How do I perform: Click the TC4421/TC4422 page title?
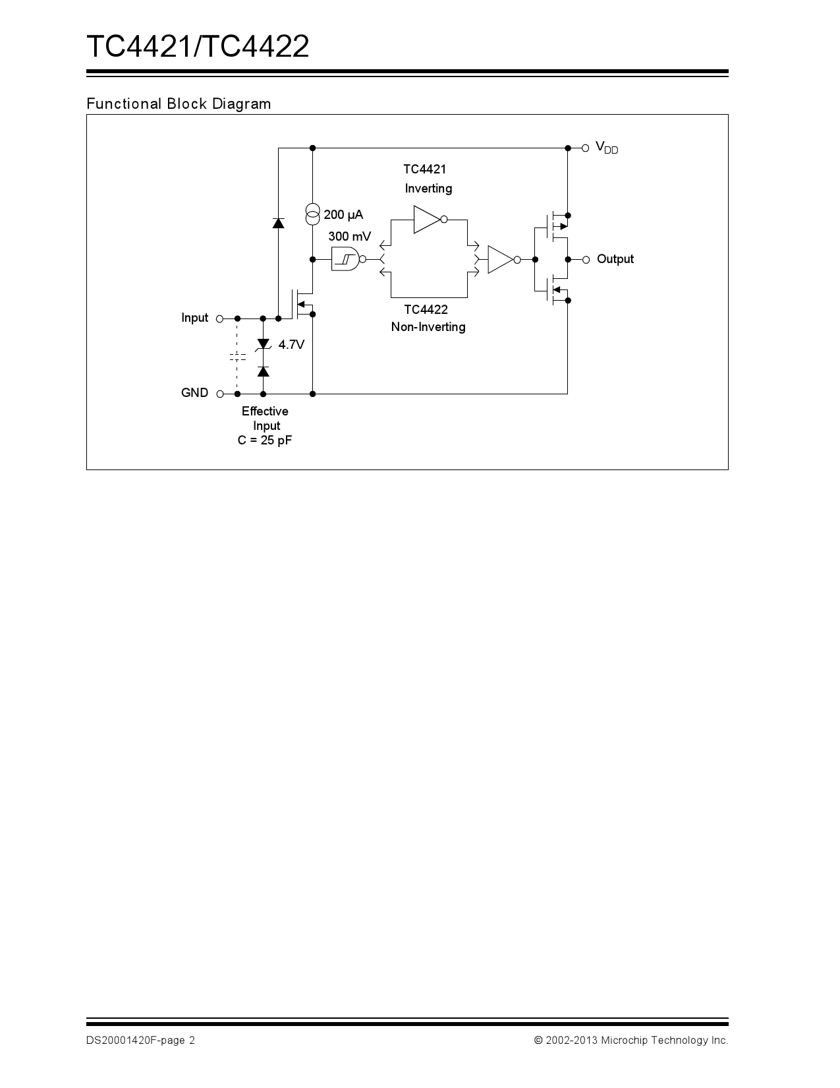click(x=198, y=47)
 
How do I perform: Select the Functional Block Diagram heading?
click(x=179, y=104)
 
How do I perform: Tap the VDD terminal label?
click(x=606, y=148)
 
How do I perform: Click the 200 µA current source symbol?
click(x=313, y=214)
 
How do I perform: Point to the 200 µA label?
click(x=343, y=215)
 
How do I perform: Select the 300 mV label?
click(x=349, y=236)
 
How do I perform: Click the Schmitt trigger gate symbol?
click(x=346, y=259)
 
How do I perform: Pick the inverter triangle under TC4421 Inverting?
click(x=427, y=220)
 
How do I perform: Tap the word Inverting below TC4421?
click(x=428, y=189)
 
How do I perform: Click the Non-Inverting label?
click(x=428, y=327)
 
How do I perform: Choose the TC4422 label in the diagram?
click(x=426, y=310)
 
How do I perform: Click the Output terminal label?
click(x=615, y=259)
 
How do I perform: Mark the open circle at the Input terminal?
click(x=219, y=318)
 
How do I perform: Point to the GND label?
click(x=194, y=393)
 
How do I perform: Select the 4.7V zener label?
click(x=291, y=344)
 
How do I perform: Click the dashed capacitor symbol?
click(x=237, y=357)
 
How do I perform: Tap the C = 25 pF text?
click(x=264, y=440)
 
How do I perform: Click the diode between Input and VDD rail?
click(x=279, y=223)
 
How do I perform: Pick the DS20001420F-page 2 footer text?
click(x=140, y=1041)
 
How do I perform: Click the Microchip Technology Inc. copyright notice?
click(x=631, y=1041)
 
